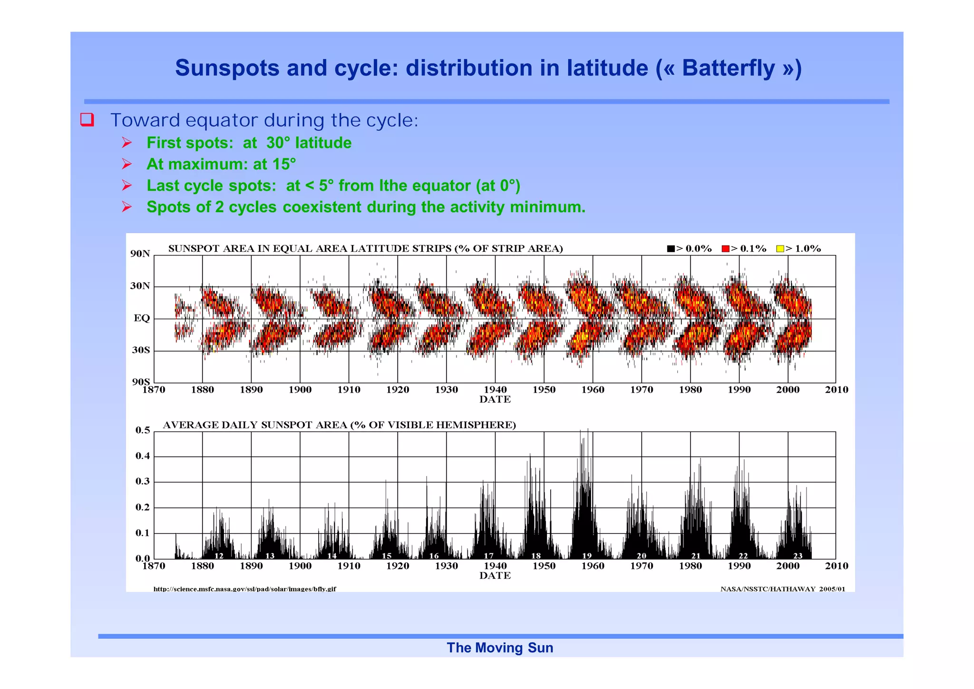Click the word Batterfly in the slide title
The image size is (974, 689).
(x=728, y=68)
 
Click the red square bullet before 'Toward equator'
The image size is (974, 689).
(x=87, y=119)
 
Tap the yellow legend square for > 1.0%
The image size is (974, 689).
(x=779, y=248)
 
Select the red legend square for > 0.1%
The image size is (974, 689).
(x=725, y=248)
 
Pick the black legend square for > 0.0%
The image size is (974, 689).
(x=671, y=248)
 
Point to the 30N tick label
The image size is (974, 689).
(x=140, y=286)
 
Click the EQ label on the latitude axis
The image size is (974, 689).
(x=142, y=318)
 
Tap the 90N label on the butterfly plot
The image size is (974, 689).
(x=140, y=254)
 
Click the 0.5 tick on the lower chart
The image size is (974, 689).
(x=142, y=430)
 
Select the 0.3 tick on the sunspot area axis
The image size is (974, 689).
(x=142, y=482)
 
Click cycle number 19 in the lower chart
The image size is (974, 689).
(x=587, y=555)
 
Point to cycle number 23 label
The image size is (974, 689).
(x=798, y=555)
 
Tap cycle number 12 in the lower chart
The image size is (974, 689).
(x=219, y=555)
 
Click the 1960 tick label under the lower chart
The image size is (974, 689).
(x=593, y=566)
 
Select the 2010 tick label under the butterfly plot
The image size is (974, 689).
(x=836, y=390)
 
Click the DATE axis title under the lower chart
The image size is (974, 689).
(x=495, y=576)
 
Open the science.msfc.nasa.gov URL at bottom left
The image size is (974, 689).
(x=244, y=589)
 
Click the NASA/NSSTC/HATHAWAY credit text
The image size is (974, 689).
(x=782, y=589)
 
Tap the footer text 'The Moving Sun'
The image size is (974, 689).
(x=500, y=648)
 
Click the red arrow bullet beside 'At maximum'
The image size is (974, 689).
(x=127, y=164)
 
